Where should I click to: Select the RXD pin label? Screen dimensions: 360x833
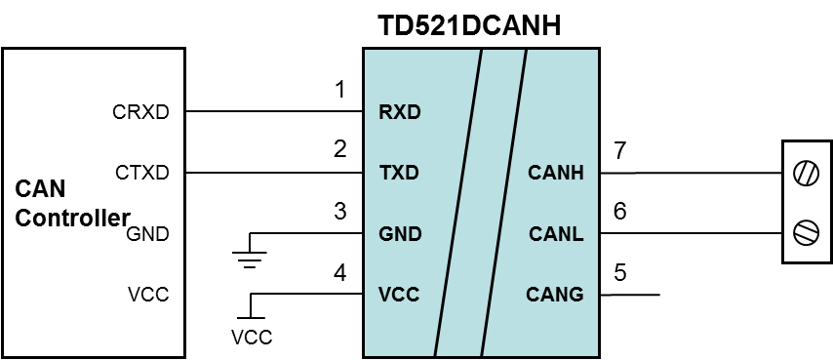point(399,112)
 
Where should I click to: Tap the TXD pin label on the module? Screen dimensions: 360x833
point(398,174)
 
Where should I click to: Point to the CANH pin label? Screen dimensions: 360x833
point(556,174)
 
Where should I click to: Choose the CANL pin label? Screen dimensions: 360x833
point(556,234)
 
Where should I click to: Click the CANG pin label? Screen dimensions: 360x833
point(555,294)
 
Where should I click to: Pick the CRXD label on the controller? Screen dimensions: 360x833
point(141,112)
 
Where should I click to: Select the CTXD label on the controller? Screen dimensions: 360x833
point(141,174)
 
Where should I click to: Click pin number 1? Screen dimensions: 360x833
point(339,91)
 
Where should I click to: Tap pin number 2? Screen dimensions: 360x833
point(339,150)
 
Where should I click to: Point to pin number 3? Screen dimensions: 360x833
point(339,212)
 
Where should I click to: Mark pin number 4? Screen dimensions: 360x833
point(339,272)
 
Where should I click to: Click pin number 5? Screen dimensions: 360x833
point(620,272)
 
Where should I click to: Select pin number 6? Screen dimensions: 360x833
point(620,212)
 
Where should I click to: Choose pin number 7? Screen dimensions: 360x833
point(620,151)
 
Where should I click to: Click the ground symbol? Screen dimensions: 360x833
point(251,256)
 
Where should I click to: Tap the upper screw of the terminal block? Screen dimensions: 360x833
point(806,174)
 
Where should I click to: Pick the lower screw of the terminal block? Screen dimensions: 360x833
point(806,234)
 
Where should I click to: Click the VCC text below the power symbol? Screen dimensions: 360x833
point(252,338)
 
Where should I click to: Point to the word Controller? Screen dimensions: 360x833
point(72,218)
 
